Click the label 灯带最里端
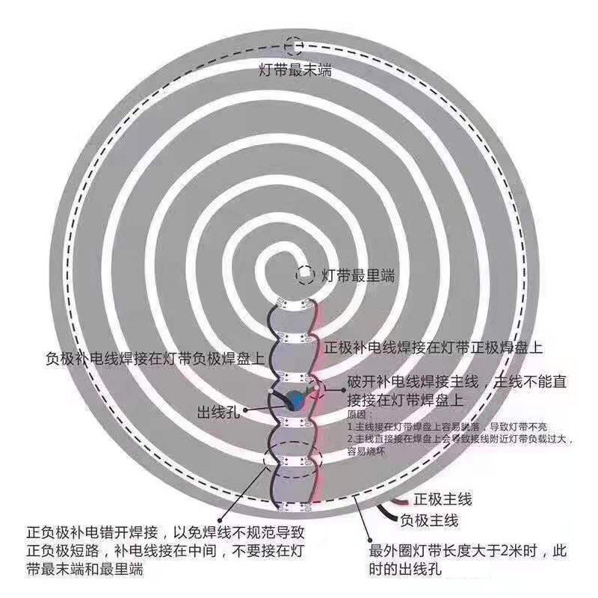pos(349,275)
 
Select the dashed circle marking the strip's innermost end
pos(305,274)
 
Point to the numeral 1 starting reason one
pos(349,425)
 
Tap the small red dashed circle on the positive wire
pos(316,388)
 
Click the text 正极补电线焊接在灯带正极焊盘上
pos(434,348)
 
